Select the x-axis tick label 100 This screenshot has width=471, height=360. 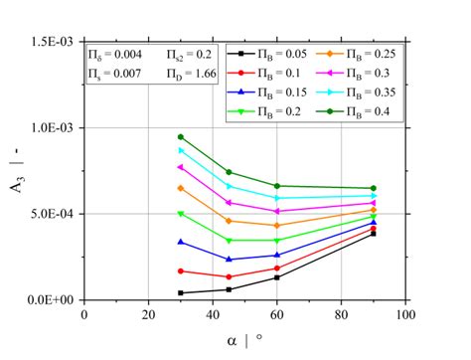tap(404, 315)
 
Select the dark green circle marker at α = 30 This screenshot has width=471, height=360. tap(180, 137)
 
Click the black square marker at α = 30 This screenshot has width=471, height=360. tap(180, 292)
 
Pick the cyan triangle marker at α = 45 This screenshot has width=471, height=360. tap(229, 186)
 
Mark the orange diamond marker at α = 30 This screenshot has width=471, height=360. tap(180, 188)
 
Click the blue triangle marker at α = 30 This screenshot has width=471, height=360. tap(180, 242)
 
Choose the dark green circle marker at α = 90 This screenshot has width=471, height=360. tap(373, 188)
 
